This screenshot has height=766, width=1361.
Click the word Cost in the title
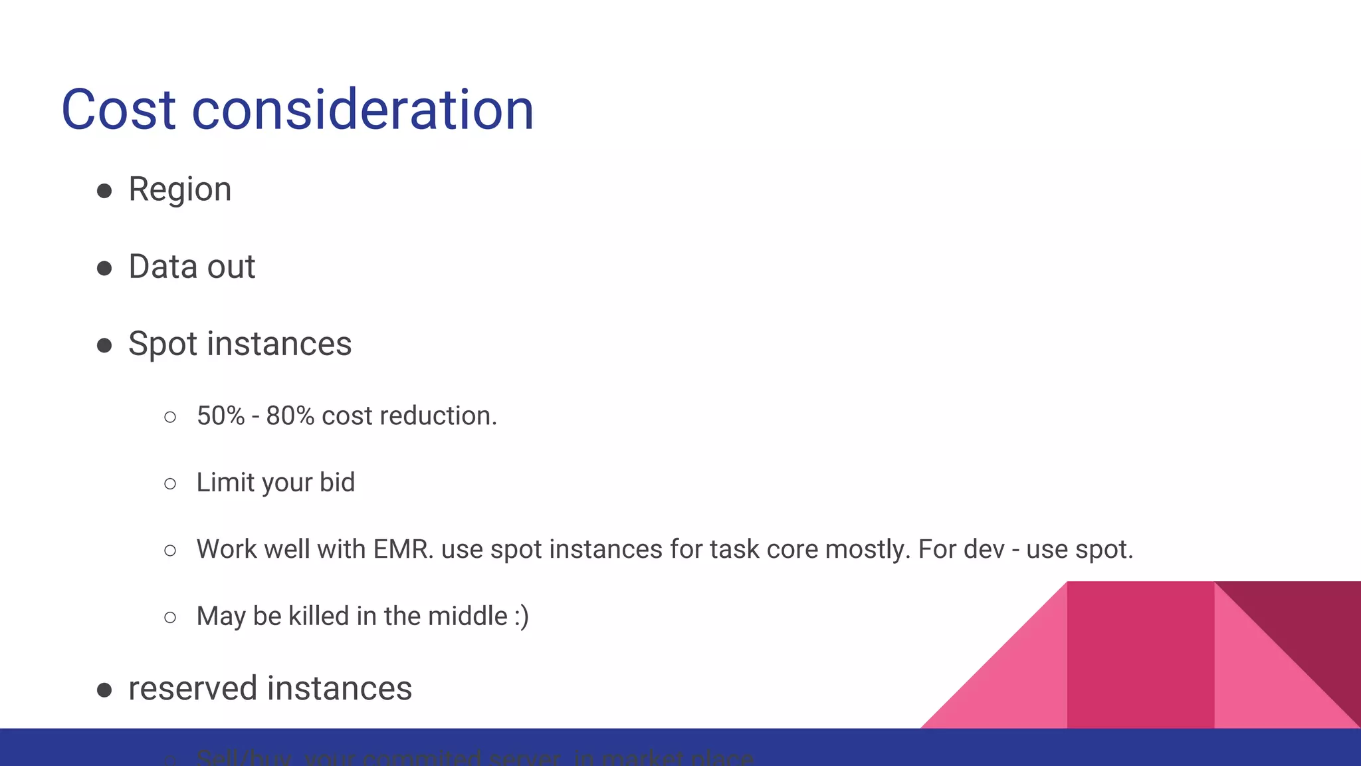[118, 110]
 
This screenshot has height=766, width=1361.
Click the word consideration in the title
[363, 110]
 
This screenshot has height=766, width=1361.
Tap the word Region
[180, 190]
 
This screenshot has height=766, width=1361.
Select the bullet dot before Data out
[104, 268]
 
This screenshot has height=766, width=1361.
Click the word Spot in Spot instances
[163, 344]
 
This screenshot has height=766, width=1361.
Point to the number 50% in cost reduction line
[221, 416]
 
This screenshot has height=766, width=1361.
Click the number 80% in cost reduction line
[290, 416]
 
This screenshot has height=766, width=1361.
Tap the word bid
[337, 483]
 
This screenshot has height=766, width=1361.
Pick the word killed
[319, 616]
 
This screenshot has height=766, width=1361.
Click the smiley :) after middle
[522, 616]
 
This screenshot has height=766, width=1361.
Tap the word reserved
[193, 689]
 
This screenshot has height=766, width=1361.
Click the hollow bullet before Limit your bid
[170, 484]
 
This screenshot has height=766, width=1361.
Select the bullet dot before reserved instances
[104, 690]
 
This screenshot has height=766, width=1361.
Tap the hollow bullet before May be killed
[170, 618]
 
